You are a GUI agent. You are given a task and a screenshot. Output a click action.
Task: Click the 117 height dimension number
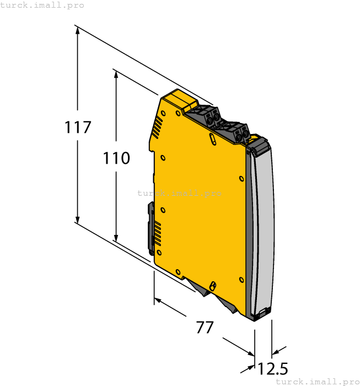coord(78,127)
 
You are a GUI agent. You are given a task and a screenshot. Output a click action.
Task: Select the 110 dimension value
coord(116,158)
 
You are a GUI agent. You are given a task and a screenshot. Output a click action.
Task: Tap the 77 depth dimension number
coord(205,327)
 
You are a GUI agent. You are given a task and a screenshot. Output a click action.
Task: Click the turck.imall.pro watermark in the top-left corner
coord(42,5)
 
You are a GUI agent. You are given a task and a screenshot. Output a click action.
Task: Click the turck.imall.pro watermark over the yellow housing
coord(179,193)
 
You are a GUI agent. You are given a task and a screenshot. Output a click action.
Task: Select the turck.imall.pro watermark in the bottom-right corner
coord(317,381)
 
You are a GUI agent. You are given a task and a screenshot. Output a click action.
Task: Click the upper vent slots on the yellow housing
coord(158,127)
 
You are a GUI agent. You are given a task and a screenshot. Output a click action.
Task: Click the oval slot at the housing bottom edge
coord(212,285)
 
